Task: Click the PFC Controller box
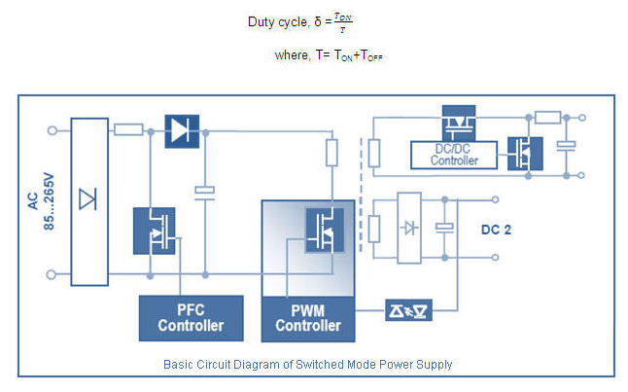click(x=191, y=316)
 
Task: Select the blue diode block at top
click(x=182, y=129)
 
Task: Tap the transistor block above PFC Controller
click(x=154, y=230)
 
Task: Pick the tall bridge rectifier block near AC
click(x=88, y=201)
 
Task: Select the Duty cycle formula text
click(x=310, y=20)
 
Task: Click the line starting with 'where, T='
click(x=330, y=57)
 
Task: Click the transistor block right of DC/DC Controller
click(x=525, y=153)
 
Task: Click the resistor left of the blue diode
click(x=128, y=129)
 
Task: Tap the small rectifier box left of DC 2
click(x=410, y=228)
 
